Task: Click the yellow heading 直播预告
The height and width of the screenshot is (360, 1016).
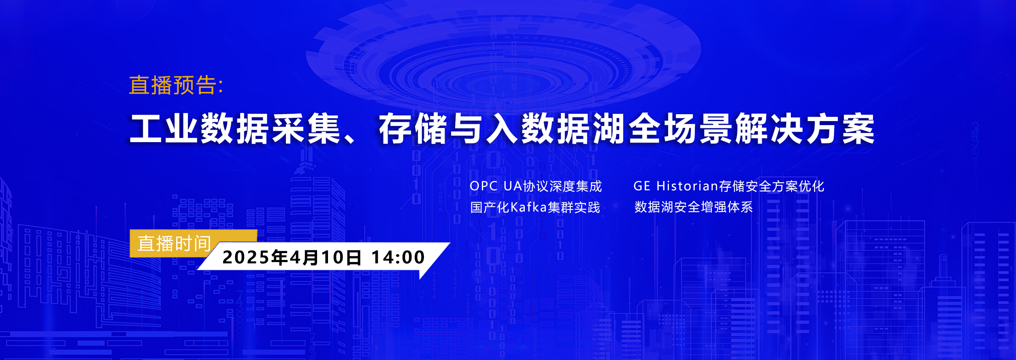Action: coord(173,85)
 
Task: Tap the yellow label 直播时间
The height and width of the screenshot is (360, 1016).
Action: coord(174,244)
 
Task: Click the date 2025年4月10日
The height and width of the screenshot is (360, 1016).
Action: coord(292,257)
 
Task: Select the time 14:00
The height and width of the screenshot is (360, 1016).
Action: coord(398,257)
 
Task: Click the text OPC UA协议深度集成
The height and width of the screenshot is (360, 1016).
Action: coord(536,186)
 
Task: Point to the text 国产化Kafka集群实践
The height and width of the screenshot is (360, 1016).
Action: coord(535,207)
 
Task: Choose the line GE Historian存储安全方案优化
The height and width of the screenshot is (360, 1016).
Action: coord(729,186)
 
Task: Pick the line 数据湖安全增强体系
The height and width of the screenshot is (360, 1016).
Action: coord(694,207)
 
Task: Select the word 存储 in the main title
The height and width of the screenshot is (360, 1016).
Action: coord(413,128)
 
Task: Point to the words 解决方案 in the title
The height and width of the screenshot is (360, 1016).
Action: coord(805,128)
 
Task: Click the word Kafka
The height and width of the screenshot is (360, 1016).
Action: coord(529,207)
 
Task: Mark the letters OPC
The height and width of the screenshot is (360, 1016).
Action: coord(484,186)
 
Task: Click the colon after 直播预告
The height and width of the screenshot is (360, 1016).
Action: coord(221,86)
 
